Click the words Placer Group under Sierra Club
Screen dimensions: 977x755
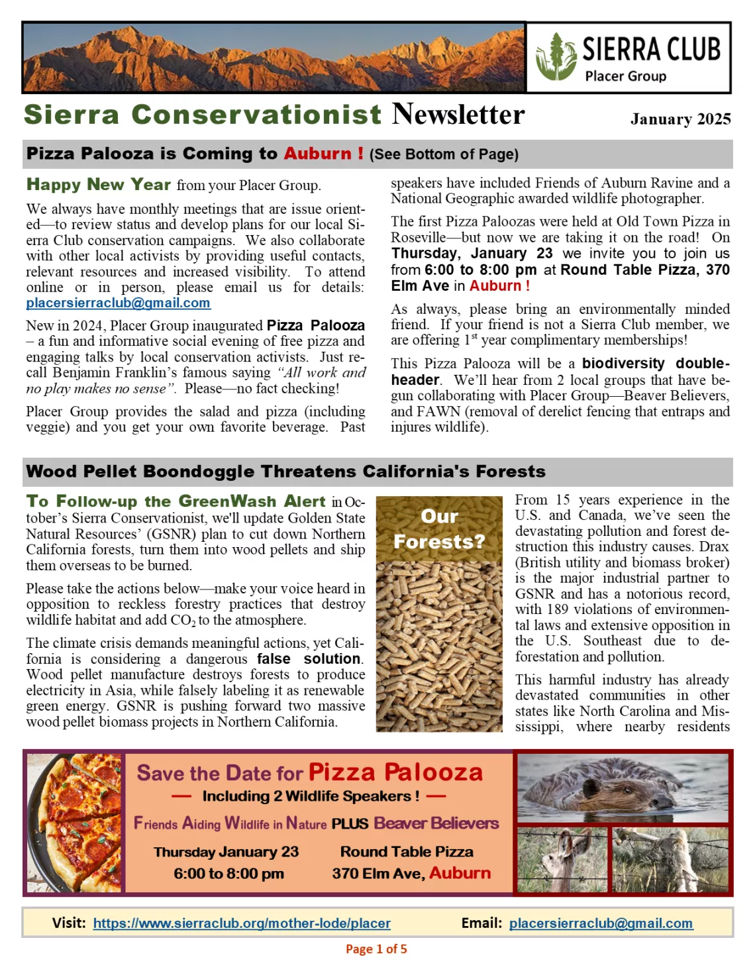click(625, 76)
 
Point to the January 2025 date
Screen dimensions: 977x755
click(680, 119)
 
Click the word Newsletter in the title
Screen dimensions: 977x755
click(458, 115)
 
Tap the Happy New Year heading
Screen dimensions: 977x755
click(99, 185)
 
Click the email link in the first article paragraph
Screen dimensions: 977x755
click(118, 303)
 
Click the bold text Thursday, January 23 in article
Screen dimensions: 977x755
click(472, 254)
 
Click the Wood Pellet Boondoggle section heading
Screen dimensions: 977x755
click(285, 472)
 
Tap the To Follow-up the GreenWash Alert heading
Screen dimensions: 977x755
click(176, 501)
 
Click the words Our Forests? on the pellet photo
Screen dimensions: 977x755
click(439, 529)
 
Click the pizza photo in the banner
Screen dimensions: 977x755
click(75, 823)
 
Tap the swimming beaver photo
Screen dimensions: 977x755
click(623, 788)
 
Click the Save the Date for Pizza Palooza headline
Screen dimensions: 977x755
click(309, 772)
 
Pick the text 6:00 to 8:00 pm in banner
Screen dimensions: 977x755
click(228, 874)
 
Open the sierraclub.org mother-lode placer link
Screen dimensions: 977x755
click(242, 923)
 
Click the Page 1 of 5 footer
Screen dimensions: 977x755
click(376, 949)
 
